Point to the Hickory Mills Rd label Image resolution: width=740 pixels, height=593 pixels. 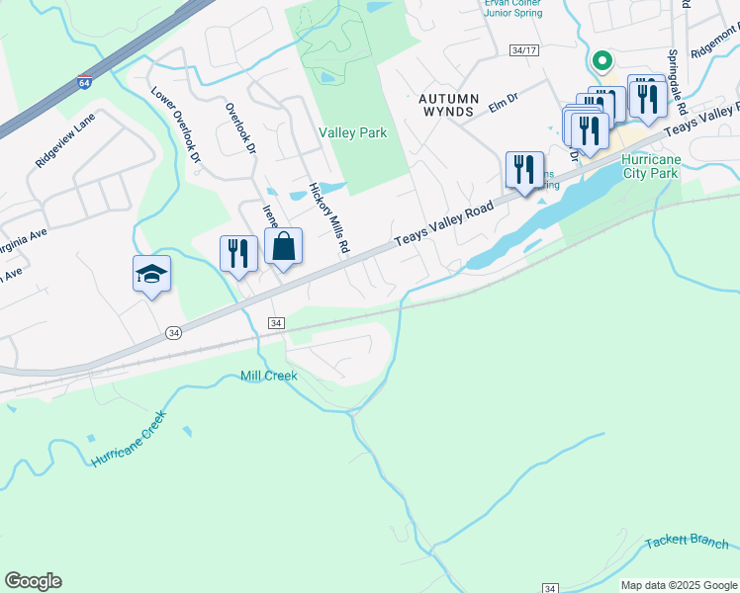click(329, 218)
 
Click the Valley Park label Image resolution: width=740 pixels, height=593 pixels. click(352, 132)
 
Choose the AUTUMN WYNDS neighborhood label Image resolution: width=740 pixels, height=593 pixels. click(448, 106)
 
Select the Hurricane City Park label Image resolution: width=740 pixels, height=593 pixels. click(651, 166)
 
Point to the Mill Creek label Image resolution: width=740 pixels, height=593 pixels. click(268, 376)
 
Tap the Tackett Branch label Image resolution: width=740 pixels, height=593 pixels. click(687, 543)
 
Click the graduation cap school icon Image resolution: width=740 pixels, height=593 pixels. click(152, 274)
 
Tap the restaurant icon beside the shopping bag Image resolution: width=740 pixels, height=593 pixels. click(238, 253)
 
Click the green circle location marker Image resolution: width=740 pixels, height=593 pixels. click(601, 61)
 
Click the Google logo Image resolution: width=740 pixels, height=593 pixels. click(33, 581)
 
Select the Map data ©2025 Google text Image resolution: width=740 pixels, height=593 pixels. click(679, 585)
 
